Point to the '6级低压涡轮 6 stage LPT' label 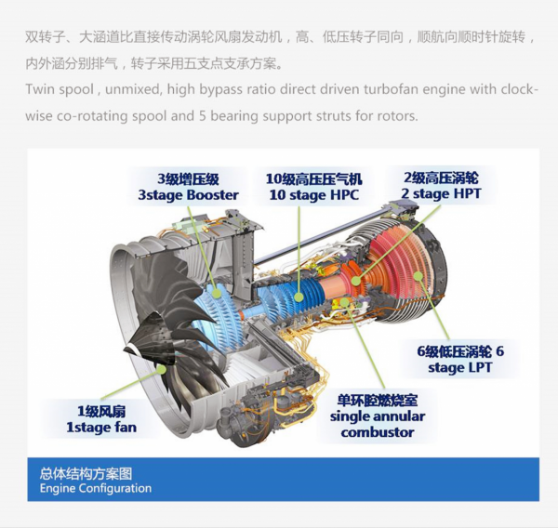pyautogui.click(x=460, y=359)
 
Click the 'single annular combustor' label pyautogui.click(x=378, y=416)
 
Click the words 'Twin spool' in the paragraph pyautogui.click(x=61, y=92)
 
